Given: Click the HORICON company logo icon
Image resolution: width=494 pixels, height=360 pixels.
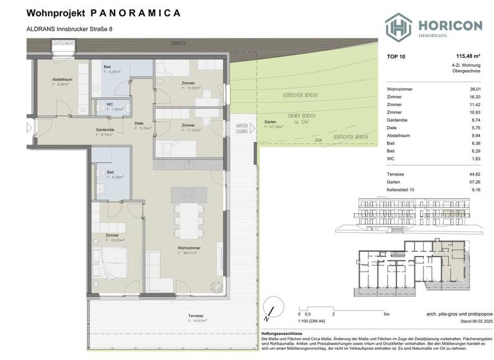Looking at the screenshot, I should coord(399,28).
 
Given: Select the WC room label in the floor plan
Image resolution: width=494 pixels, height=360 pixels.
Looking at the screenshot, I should coord(110,107).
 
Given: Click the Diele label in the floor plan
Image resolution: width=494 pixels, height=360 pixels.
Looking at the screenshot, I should coord(138,126).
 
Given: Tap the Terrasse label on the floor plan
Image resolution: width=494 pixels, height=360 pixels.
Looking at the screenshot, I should coord(197,317).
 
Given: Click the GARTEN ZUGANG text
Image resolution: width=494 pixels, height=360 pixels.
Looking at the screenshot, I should coord(242,128).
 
